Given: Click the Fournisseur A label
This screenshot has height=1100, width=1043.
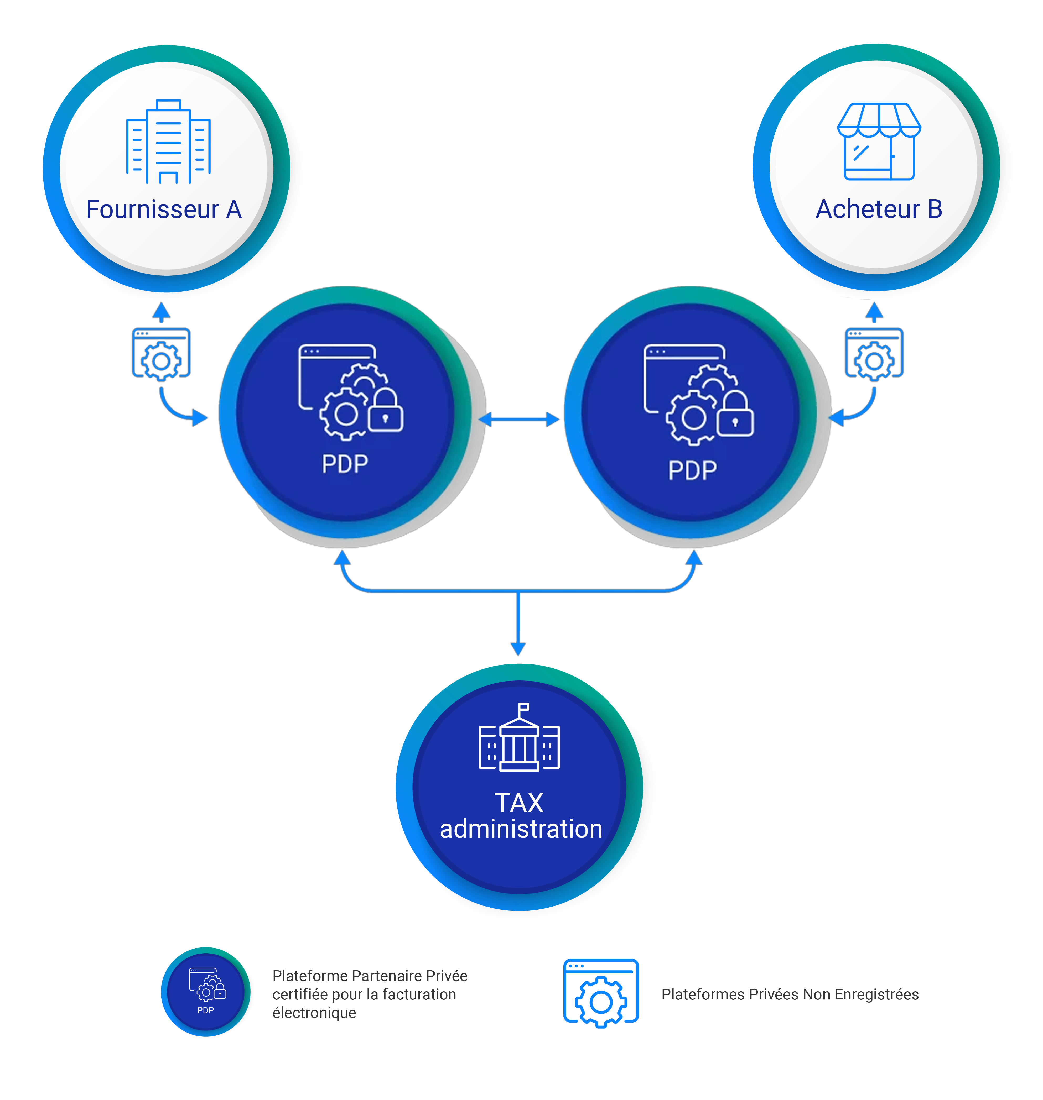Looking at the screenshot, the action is click(x=164, y=209).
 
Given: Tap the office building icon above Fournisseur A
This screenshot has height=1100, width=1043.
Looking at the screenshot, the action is click(x=168, y=142).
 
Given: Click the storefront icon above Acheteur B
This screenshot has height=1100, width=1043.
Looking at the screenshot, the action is click(x=879, y=142).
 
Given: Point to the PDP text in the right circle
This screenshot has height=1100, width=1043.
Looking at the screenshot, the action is click(x=692, y=470).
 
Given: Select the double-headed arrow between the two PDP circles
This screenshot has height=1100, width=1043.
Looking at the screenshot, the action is click(x=519, y=419).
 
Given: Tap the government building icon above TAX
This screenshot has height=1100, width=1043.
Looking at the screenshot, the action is click(x=519, y=737).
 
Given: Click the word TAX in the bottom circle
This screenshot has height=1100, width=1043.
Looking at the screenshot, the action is click(x=519, y=803).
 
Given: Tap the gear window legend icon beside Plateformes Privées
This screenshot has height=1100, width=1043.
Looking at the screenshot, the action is click(x=601, y=993).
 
